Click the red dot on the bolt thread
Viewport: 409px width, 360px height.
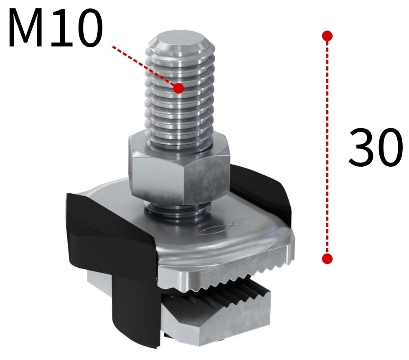[x=178, y=88]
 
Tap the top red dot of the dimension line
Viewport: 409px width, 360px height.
[x=328, y=36]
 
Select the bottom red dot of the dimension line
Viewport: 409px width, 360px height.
[x=328, y=259]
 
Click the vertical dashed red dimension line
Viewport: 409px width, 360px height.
[x=328, y=146]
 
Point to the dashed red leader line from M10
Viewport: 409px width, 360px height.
[x=142, y=65]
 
